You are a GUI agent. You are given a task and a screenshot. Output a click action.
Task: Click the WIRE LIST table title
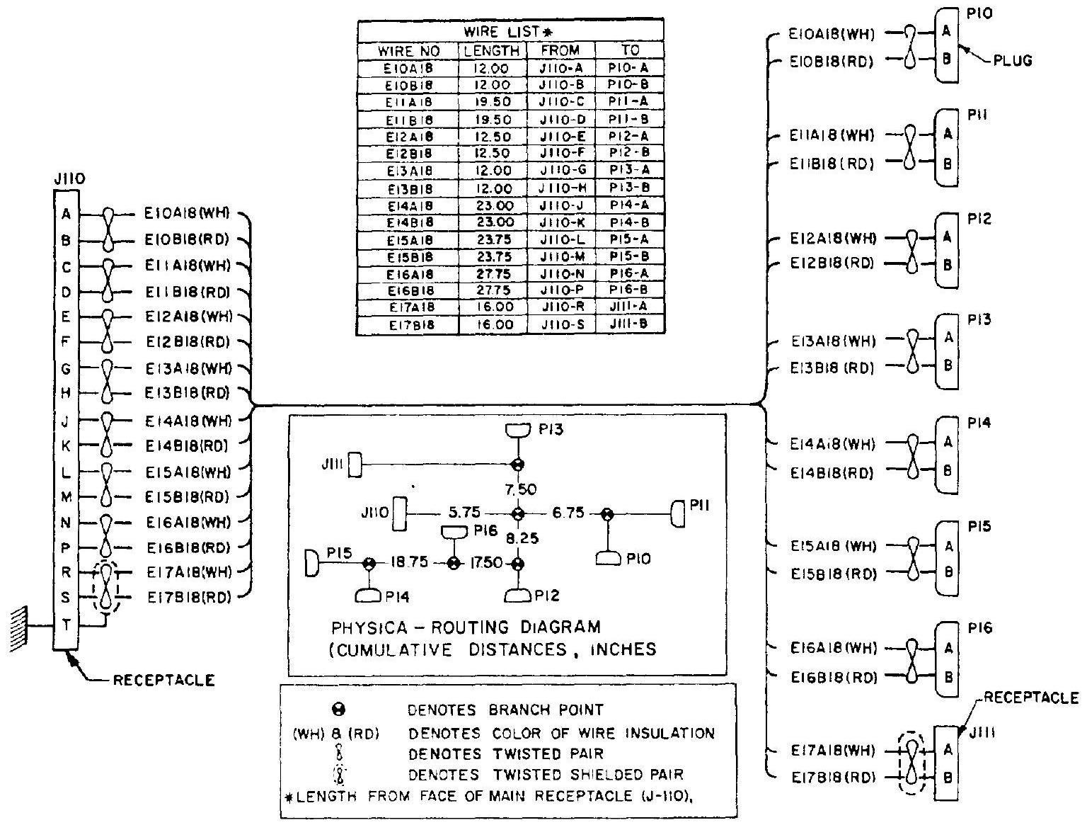[x=510, y=32]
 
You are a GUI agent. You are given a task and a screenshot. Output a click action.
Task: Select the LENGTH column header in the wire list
[x=492, y=50]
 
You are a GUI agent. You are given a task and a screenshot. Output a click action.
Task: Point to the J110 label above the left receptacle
[x=69, y=181]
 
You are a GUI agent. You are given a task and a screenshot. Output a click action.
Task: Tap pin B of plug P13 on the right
[x=948, y=366]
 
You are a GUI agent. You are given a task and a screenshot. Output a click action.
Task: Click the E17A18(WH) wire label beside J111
[x=832, y=750]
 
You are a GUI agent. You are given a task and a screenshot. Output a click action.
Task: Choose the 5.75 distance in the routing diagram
[x=464, y=513]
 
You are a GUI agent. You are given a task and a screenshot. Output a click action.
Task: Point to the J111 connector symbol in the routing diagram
[x=356, y=465]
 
